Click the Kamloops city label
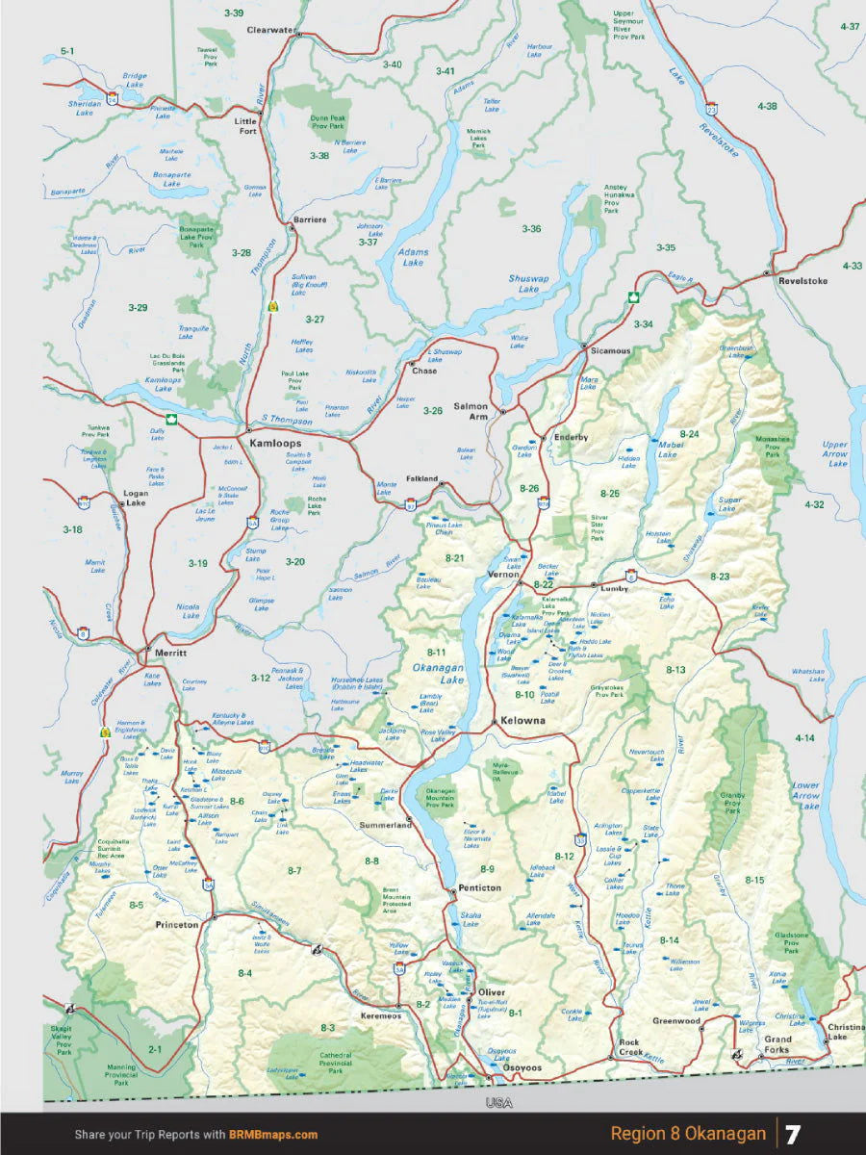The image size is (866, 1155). click(x=275, y=444)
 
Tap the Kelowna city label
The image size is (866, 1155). click(x=520, y=720)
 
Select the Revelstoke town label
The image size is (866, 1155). click(x=802, y=281)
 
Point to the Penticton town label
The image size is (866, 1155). click(x=479, y=887)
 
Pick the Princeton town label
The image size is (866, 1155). click(x=177, y=924)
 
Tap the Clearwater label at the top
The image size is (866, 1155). click(x=271, y=30)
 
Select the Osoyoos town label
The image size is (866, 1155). click(x=522, y=1068)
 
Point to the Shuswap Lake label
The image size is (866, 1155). click(x=528, y=284)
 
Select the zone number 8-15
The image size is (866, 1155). click(x=754, y=880)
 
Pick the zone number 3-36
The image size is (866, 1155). click(x=531, y=229)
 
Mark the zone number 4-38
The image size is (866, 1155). click(x=767, y=106)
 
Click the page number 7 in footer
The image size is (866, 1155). click(x=792, y=1134)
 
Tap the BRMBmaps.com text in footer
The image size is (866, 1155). click(x=273, y=1135)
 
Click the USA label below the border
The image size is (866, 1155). click(x=498, y=1102)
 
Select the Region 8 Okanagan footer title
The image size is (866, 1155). click(x=688, y=1134)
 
